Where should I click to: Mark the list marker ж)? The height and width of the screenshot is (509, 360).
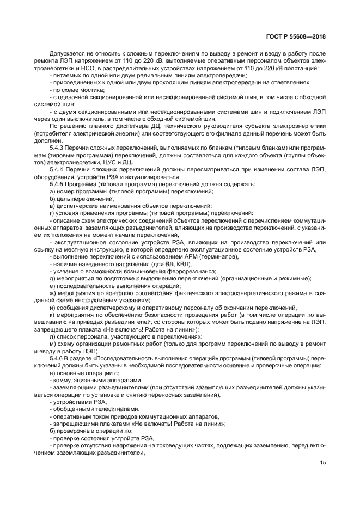click(53, 293)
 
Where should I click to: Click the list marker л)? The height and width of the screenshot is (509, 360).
click(52, 336)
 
